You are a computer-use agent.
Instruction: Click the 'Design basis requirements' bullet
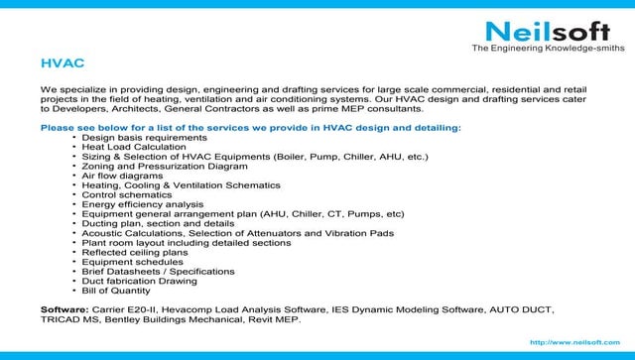tap(138, 137)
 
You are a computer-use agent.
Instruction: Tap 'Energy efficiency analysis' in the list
tap(142, 204)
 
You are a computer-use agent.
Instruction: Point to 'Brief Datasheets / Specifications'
tap(158, 271)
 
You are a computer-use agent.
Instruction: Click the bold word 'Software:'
tap(65, 309)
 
